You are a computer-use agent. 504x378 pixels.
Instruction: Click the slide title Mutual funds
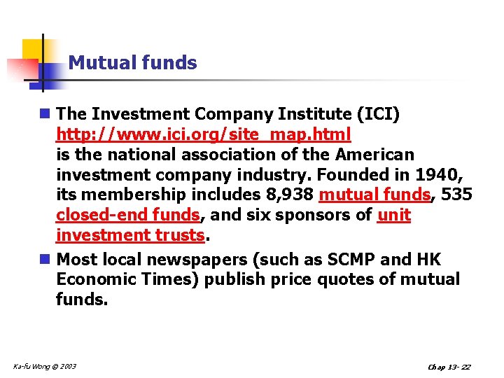point(133,63)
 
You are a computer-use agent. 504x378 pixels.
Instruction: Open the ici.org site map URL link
point(203,134)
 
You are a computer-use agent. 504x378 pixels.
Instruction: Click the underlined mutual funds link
point(374,195)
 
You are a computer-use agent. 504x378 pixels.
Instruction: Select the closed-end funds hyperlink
point(127,215)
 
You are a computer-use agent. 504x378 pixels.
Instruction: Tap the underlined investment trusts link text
point(130,235)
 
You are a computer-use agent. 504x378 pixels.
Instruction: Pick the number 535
point(457,195)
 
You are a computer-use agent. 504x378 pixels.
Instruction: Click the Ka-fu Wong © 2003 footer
point(45,366)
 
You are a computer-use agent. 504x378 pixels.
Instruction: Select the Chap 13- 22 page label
point(448,367)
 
